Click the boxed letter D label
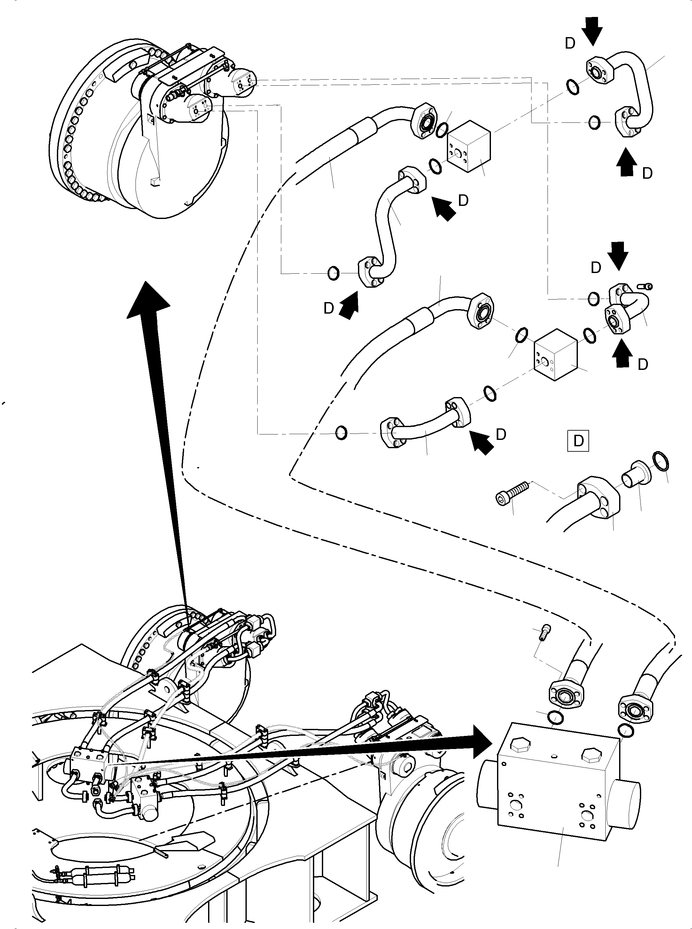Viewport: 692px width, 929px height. (x=578, y=441)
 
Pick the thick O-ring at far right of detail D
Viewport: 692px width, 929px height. (x=661, y=462)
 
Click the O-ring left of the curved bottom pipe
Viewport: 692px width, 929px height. (x=341, y=432)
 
